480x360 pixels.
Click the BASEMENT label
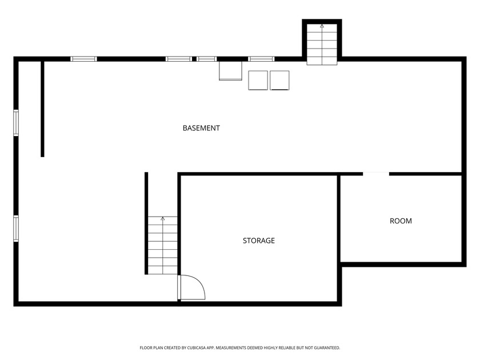pyautogui.click(x=201, y=128)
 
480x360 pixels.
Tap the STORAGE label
pyautogui.click(x=258, y=241)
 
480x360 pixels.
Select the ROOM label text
pyautogui.click(x=401, y=221)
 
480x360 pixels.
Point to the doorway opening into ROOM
pyautogui.click(x=376, y=173)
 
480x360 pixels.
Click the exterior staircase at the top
pyautogui.click(x=322, y=45)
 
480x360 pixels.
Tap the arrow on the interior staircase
pyautogui.click(x=163, y=219)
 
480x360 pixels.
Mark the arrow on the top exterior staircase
pyautogui.click(x=322, y=26)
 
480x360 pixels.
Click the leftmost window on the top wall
pyautogui.click(x=83, y=58)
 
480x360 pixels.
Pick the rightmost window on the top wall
pyautogui.click(x=261, y=58)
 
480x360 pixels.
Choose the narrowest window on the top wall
pyautogui.click(x=207, y=58)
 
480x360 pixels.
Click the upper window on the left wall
pyautogui.click(x=16, y=123)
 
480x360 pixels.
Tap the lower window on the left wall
pyautogui.click(x=16, y=228)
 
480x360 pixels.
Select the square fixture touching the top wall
pyautogui.click(x=231, y=71)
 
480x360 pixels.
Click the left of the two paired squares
pyautogui.click(x=258, y=80)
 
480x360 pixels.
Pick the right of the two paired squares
pyautogui.click(x=279, y=80)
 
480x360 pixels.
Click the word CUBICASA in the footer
pyautogui.click(x=205, y=347)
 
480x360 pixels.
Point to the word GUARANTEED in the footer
pyautogui.click(x=326, y=347)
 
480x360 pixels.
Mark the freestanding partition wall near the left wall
pyautogui.click(x=42, y=109)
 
